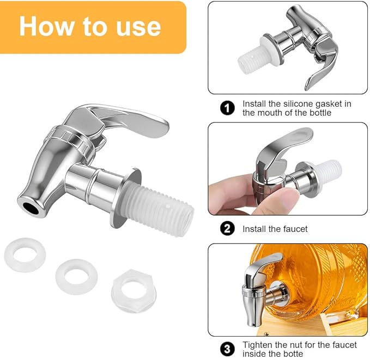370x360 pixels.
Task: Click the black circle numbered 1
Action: click(227, 108)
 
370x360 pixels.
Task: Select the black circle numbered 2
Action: click(227, 229)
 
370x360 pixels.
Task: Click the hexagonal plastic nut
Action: click(134, 291)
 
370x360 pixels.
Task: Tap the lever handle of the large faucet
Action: click(123, 118)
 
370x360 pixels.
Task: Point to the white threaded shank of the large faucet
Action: click(157, 210)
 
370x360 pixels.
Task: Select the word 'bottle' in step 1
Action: click(320, 113)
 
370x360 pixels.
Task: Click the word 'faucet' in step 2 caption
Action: click(295, 229)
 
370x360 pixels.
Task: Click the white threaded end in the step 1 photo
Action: click(250, 60)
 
